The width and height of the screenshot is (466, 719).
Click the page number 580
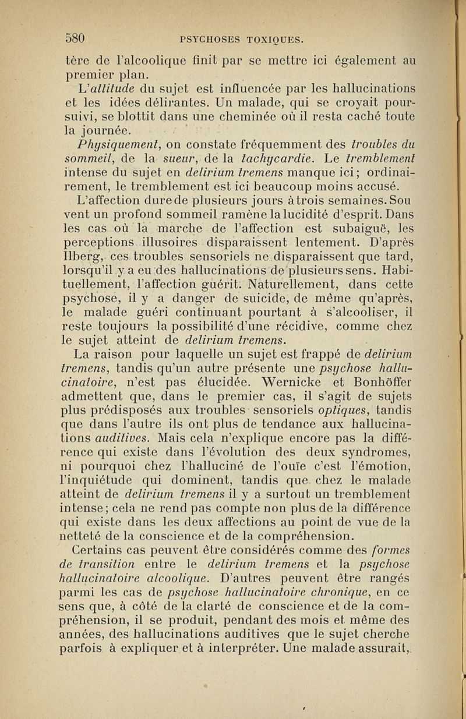[x=75, y=38]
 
